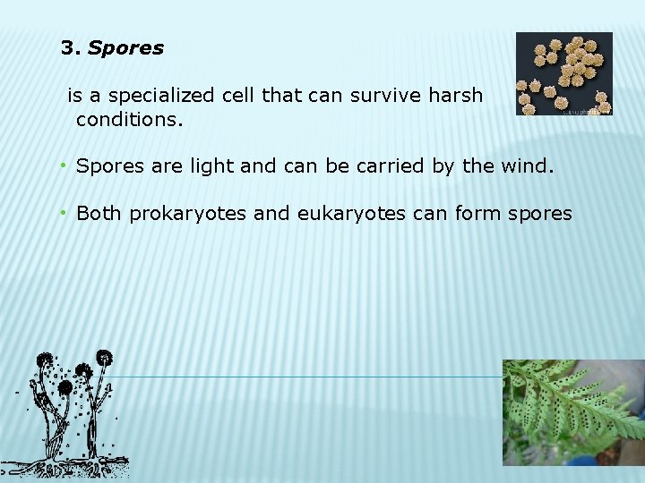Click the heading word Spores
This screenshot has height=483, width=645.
tap(125, 49)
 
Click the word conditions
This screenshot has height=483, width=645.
tap(129, 118)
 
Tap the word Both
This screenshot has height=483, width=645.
tap(100, 213)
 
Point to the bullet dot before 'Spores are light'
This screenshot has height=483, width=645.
tap(64, 165)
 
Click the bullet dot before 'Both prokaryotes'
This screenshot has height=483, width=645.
tap(64, 213)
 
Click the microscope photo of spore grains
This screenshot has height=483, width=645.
tap(564, 74)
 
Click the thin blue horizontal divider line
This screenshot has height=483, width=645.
tap(314, 377)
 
